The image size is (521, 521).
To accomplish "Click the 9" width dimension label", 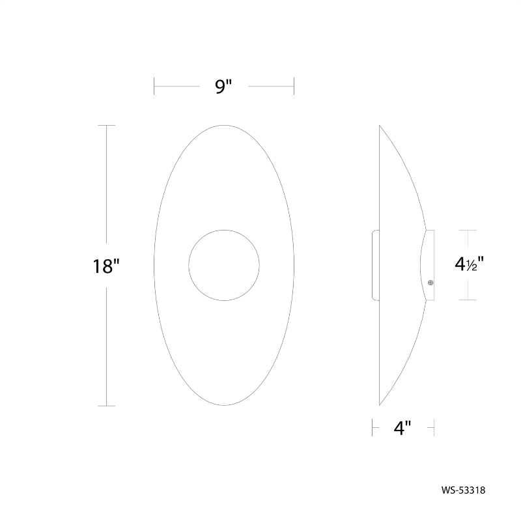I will pos(224,86).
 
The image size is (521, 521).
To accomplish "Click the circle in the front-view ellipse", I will pos(224,265).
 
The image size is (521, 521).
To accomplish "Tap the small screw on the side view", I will pos(430,282).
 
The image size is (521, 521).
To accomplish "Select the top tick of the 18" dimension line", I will pos(106,125).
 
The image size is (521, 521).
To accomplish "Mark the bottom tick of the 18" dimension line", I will pos(106,406).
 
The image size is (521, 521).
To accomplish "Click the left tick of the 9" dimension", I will pos(154,86).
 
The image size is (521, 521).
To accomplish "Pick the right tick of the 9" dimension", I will pos(294,86).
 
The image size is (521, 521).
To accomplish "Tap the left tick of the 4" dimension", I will pos(372,427).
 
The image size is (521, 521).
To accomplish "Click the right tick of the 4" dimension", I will pos(434,427).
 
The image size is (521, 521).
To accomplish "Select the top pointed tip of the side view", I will pos(380,126).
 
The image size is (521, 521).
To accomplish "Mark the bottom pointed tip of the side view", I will pos(380,405).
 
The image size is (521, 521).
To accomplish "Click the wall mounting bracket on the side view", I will pos(375,265).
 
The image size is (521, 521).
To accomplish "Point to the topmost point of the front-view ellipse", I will pos(224,125).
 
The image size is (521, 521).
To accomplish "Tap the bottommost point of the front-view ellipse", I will pos(224,406).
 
